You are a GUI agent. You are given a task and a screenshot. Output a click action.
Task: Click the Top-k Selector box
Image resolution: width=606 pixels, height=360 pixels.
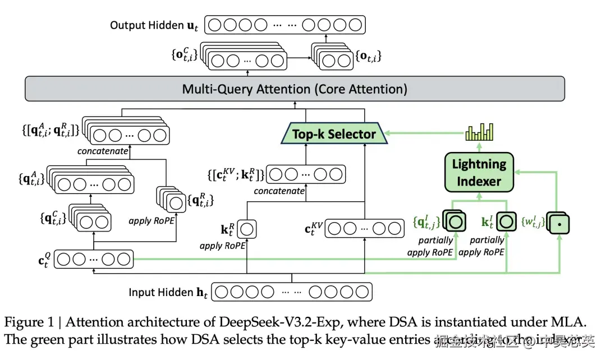[x=333, y=134]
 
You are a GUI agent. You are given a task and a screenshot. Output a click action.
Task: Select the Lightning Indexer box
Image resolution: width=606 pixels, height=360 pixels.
[x=479, y=172]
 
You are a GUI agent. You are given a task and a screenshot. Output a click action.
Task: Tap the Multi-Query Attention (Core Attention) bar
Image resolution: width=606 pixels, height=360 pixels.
[x=294, y=89]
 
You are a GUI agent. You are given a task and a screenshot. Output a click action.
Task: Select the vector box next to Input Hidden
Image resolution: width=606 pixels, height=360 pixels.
[x=292, y=292]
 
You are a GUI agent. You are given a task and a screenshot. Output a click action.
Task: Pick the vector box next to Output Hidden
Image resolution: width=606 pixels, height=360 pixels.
[x=285, y=25]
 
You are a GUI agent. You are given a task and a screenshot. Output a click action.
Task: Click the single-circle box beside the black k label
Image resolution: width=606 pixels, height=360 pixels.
[x=248, y=229]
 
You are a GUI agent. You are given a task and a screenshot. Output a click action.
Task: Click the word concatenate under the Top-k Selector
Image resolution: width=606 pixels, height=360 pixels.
[x=279, y=191]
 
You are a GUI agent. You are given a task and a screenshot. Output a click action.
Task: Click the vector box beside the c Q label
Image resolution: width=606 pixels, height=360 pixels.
[x=94, y=259]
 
